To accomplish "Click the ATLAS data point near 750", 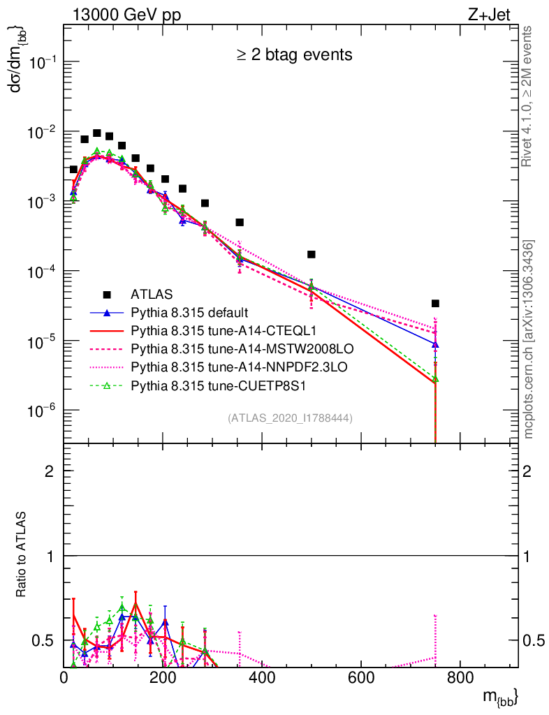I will (435, 304).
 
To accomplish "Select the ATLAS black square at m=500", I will (312, 254).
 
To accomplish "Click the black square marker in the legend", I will (107, 295).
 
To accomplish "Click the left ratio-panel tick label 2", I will (50, 471).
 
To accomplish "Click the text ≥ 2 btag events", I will (293, 54).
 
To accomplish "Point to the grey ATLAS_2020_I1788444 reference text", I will (289, 418).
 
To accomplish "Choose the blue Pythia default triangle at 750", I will (435, 344).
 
